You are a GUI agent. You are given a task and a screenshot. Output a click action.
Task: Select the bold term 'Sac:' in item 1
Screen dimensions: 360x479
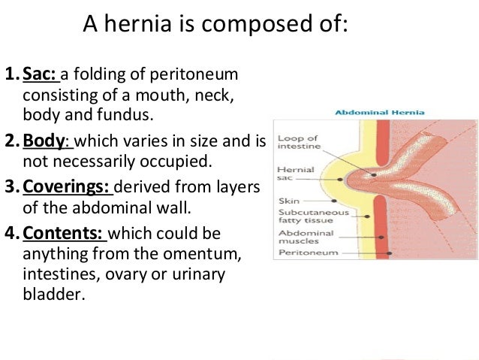(x=41, y=77)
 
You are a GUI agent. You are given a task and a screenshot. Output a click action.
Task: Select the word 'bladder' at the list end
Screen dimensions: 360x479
(x=50, y=294)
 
